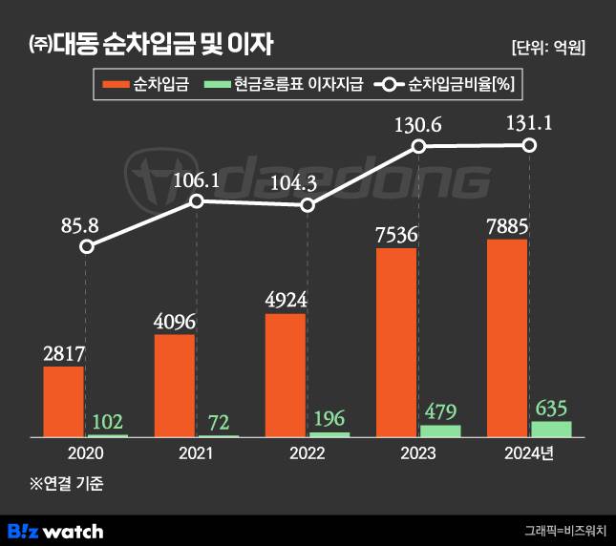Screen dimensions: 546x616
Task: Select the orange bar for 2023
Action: pyautogui.click(x=396, y=342)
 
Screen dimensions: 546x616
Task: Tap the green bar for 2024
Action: pyautogui.click(x=551, y=429)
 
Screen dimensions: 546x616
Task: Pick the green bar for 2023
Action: pyautogui.click(x=440, y=430)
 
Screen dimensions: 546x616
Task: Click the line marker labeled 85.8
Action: pyautogui.click(x=87, y=246)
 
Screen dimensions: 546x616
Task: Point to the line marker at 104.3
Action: pyautogui.click(x=308, y=205)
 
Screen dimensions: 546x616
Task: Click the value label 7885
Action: pyautogui.click(x=507, y=225)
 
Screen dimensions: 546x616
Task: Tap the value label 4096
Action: pyautogui.click(x=174, y=321)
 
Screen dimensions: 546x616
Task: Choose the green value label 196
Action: pyautogui.click(x=329, y=418)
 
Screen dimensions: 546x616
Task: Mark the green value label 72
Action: pyautogui.click(x=219, y=421)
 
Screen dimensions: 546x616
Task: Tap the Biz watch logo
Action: pyautogui.click(x=55, y=530)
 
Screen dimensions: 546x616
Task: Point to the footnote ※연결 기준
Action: pyautogui.click(x=66, y=483)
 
